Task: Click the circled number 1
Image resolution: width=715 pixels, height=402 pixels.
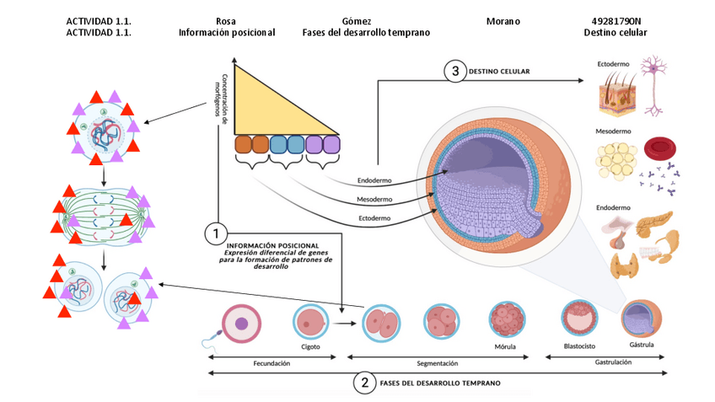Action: pyautogui.click(x=217, y=230)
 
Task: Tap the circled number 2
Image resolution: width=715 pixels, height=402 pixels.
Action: pyautogui.click(x=364, y=383)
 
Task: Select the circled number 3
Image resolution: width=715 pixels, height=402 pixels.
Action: pyautogui.click(x=455, y=72)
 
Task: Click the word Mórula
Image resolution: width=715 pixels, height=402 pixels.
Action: pyautogui.click(x=506, y=346)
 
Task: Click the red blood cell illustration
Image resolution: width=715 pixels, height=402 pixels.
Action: pyautogui.click(x=659, y=150)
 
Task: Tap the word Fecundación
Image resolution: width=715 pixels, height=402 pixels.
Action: pyautogui.click(x=271, y=363)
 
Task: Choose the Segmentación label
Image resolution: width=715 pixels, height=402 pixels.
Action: pyautogui.click(x=438, y=363)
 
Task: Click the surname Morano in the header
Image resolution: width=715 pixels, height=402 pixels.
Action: pyautogui.click(x=503, y=20)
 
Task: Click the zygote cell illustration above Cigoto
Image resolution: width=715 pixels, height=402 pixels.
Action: pyautogui.click(x=309, y=321)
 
